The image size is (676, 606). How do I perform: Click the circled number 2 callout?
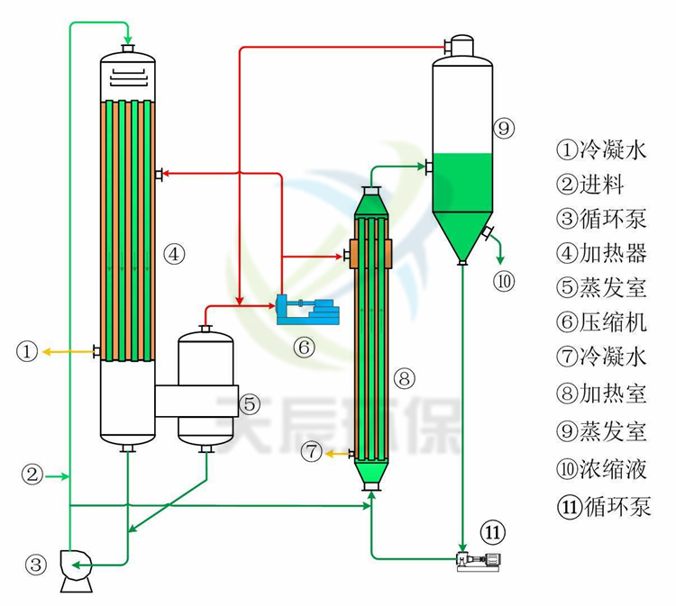[32, 475]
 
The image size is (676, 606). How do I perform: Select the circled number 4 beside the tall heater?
[174, 255]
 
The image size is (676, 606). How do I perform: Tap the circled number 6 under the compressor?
[305, 345]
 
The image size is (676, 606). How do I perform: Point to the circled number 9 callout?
[505, 129]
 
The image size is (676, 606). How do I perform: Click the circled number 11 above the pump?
[492, 533]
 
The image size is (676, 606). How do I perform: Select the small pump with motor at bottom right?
[480, 561]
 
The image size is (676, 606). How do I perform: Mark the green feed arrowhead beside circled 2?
[64, 475]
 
